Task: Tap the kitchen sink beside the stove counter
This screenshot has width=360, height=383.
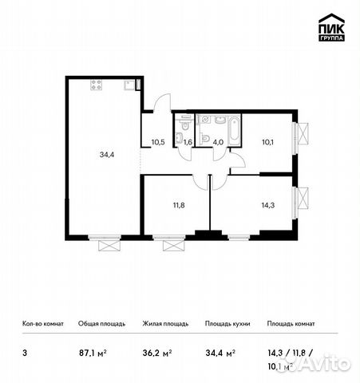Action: click(x=128, y=84)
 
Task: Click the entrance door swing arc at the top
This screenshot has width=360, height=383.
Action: click(x=162, y=102)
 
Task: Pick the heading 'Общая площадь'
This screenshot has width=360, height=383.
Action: click(x=99, y=324)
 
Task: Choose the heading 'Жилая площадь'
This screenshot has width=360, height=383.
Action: click(x=166, y=324)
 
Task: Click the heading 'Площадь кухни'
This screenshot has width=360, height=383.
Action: click(x=227, y=324)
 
